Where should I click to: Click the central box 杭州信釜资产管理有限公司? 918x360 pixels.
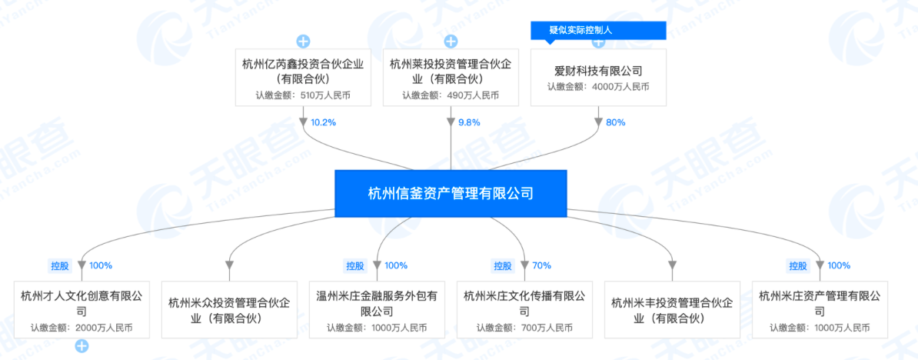click(451, 193)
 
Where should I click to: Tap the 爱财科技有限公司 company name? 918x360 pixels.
click(598, 71)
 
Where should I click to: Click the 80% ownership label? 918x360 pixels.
click(616, 122)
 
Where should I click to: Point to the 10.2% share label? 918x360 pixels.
click(323, 122)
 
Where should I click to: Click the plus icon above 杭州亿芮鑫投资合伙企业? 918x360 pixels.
click(303, 41)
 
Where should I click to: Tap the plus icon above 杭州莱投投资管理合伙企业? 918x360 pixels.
click(451, 41)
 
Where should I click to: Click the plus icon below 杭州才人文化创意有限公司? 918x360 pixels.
click(81, 347)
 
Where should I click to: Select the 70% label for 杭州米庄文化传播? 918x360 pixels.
click(541, 265)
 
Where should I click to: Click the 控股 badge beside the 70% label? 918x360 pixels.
click(502, 265)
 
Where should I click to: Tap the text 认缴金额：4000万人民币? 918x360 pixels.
click(598, 87)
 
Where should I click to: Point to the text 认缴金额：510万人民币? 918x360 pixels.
click(303, 95)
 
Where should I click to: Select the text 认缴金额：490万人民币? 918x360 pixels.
click(451, 95)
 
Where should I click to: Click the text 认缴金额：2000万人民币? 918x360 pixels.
click(81, 328)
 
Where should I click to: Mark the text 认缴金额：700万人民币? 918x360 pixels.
click(524, 328)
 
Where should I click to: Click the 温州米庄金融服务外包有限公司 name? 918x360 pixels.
click(377, 303)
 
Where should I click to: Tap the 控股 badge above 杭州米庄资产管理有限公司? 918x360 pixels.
click(797, 265)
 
